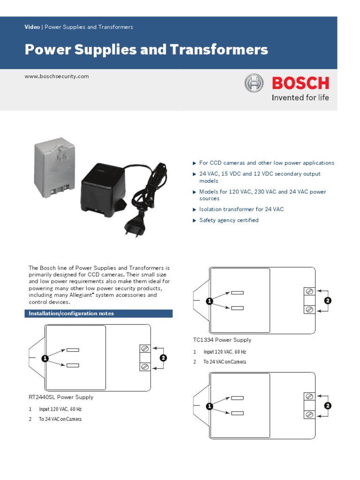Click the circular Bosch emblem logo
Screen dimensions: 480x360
click(254, 83)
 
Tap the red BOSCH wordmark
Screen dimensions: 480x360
click(300, 83)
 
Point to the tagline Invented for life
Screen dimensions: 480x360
click(300, 98)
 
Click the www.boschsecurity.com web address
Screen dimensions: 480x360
click(57, 76)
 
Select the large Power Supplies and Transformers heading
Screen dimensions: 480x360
click(146, 50)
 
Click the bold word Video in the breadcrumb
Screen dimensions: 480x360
click(32, 27)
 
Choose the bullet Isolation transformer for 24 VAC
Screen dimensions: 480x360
click(241, 210)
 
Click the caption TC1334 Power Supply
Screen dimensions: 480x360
click(222, 340)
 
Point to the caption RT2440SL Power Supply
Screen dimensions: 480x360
click(61, 397)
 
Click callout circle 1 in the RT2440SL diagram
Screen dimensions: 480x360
click(45, 359)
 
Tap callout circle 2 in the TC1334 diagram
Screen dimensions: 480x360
click(328, 300)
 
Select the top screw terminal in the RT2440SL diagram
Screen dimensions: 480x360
click(145, 349)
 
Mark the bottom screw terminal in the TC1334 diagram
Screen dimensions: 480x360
click(309, 309)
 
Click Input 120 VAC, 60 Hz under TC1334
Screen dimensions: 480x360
click(225, 352)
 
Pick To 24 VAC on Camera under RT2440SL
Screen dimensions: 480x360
click(60, 419)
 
